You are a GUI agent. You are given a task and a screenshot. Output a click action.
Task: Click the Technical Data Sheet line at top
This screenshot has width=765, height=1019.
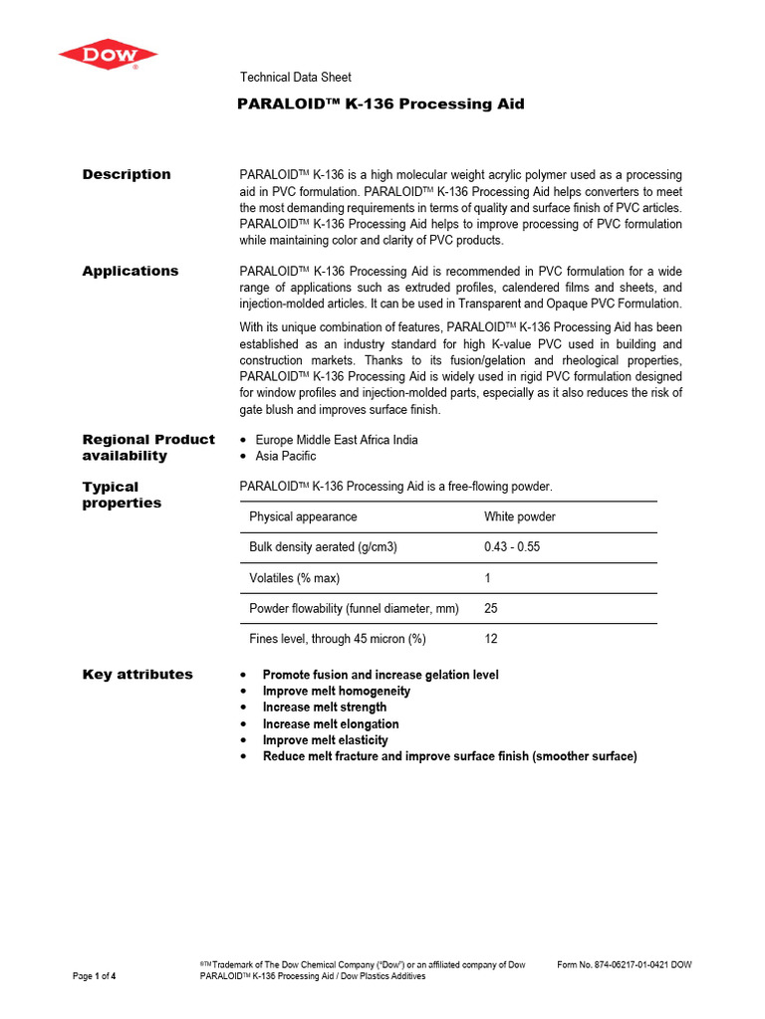pos(296,78)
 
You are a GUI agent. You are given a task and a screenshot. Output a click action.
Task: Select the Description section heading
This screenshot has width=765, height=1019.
pos(127,174)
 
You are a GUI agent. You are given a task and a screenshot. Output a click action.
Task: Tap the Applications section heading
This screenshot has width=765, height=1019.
pos(130,271)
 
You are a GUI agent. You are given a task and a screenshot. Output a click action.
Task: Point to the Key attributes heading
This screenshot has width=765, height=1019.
pos(137,675)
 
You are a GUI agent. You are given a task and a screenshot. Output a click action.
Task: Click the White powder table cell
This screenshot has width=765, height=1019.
pos(520,517)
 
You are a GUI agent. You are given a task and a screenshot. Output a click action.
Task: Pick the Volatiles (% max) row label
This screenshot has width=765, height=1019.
pos(301,578)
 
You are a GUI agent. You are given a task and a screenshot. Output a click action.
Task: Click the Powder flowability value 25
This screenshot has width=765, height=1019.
pos(491,608)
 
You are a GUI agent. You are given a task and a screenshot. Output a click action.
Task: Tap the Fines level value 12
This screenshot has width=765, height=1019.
pos(491,639)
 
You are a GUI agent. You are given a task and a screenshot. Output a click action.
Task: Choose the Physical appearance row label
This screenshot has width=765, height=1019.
pos(303,517)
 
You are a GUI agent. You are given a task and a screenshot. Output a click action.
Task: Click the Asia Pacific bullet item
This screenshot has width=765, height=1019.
pos(286,456)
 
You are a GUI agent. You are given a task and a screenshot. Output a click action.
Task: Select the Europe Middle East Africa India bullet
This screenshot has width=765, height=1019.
pos(337,440)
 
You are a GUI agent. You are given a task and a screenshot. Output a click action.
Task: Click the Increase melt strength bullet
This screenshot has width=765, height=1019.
pos(325,708)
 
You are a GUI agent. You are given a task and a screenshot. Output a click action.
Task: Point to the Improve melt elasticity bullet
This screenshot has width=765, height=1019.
pos(326,740)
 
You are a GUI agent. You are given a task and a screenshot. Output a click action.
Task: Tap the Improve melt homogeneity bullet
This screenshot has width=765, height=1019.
pos(337,691)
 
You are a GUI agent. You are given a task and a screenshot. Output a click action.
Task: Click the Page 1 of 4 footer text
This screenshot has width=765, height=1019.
pos(95,976)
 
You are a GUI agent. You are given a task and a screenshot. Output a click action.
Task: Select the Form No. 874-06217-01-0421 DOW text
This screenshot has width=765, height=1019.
pos(625,964)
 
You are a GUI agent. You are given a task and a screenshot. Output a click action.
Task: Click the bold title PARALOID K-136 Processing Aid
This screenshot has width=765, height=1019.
pos(382,104)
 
